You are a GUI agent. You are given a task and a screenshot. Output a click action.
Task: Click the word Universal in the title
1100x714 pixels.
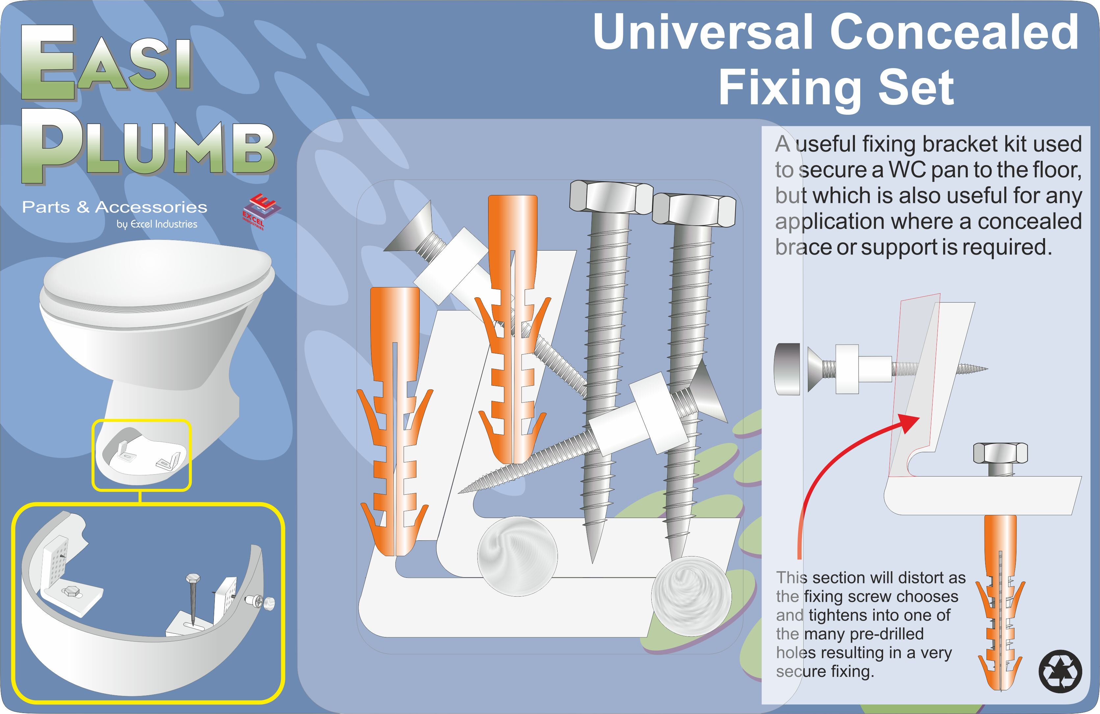coord(703,32)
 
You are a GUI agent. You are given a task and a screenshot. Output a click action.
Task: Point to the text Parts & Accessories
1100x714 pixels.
coord(114,207)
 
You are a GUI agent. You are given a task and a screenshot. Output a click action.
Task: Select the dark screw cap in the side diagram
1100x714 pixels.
coord(787,369)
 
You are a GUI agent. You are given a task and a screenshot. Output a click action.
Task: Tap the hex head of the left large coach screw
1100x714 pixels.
coord(611,197)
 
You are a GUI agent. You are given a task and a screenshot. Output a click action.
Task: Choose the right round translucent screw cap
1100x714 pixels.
coord(691,595)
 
